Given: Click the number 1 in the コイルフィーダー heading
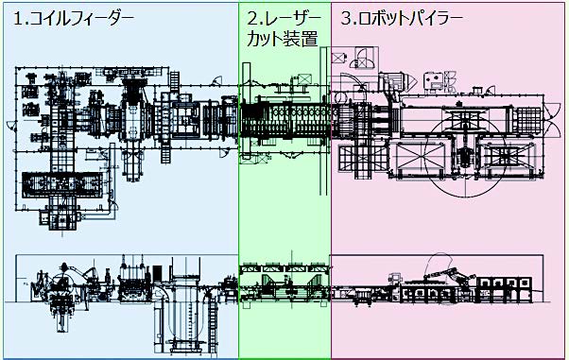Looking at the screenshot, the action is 17,19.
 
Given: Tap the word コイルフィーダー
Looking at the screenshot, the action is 81,19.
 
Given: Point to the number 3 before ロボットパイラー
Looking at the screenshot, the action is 346,19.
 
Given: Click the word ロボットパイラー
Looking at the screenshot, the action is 411,19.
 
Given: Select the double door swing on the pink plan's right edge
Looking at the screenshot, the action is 552,119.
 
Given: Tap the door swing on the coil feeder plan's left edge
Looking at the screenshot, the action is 11,127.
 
